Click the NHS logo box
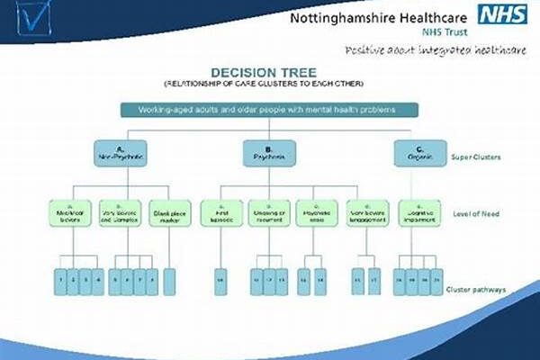(x=501, y=15)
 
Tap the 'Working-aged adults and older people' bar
(x=269, y=109)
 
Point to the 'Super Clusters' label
(x=476, y=157)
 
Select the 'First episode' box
(x=220, y=213)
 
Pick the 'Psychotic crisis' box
(x=315, y=213)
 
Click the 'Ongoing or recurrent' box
(x=267, y=213)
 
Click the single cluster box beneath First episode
(x=220, y=281)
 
